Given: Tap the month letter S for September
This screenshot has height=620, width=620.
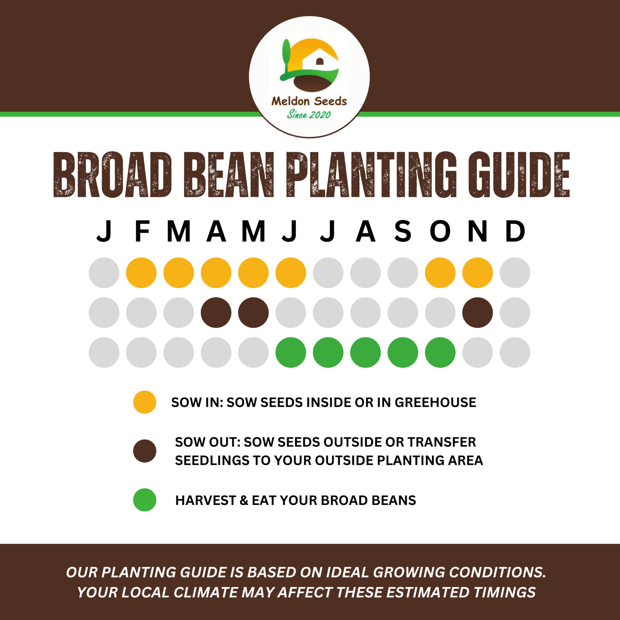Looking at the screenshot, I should tap(403, 231).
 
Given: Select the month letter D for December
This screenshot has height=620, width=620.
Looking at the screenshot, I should tap(515, 231).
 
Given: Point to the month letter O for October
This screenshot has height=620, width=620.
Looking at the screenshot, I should tap(440, 231).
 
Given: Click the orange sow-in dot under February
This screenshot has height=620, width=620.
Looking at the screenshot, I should tap(141, 273).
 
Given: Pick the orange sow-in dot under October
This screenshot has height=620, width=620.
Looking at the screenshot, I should tap(440, 273).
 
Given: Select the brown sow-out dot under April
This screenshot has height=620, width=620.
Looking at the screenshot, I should tap(216, 313).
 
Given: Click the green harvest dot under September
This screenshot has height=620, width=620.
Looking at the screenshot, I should tap(403, 352).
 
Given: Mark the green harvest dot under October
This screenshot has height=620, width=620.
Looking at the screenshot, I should tap(440, 352).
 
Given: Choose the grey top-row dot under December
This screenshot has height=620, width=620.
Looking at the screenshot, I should tap(515, 273).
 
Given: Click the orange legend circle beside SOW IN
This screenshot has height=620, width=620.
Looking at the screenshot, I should tap(145, 402).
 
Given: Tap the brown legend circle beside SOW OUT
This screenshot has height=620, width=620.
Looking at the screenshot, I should tap(145, 451).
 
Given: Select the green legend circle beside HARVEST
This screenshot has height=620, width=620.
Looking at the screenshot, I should tap(145, 500).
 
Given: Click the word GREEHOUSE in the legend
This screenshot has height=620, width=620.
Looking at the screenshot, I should tap(435, 402).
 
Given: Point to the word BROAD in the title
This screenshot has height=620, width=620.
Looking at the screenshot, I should tap(113, 175).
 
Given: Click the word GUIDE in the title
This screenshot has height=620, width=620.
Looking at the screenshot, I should tap(519, 175).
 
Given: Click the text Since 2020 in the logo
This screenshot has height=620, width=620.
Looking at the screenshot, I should tap(309, 115).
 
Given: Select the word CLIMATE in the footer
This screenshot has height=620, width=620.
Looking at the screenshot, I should tap(204, 592).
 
